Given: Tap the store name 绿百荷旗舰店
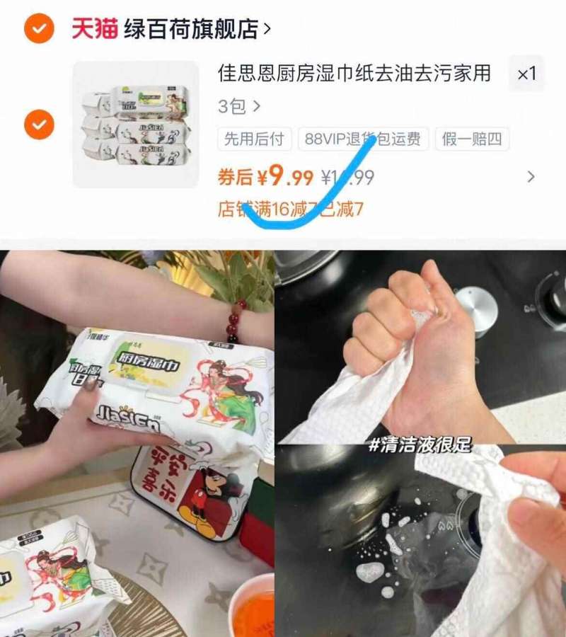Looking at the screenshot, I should [190, 29].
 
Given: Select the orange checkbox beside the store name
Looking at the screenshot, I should [39, 28].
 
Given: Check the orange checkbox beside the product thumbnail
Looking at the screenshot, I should [39, 125].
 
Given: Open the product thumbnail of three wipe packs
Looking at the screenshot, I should [136, 125].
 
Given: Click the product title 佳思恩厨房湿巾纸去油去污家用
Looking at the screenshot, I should [354, 73].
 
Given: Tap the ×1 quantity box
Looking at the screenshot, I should [526, 74].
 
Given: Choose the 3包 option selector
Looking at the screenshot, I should [239, 107].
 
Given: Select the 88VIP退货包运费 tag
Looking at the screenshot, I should [362, 139].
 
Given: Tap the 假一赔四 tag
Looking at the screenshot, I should [472, 139].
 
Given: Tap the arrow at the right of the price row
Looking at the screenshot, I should [531, 177].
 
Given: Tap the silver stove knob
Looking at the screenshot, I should [475, 309].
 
